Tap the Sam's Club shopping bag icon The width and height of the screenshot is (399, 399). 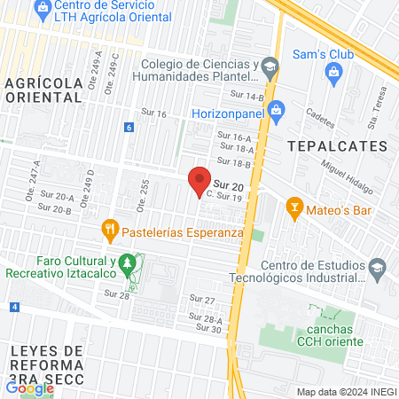tap(333, 76)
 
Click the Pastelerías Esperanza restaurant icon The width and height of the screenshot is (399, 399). tap(110, 231)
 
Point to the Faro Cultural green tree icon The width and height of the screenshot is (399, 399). tap(129, 262)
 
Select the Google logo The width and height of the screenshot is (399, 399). tap(29, 387)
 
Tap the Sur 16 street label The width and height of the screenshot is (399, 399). tap(154, 113)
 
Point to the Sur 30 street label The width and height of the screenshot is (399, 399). tap(209, 329)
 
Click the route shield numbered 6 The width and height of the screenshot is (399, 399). tap(129, 128)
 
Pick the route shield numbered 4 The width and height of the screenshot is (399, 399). tap(15, 307)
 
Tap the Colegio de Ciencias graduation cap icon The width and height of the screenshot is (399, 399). tap(271, 64)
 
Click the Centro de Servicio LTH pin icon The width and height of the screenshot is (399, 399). tap(40, 6)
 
